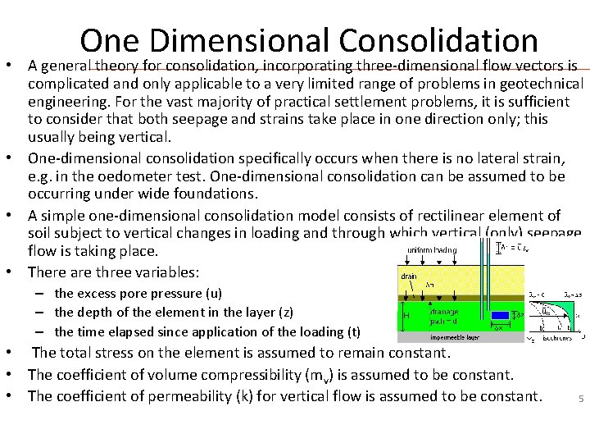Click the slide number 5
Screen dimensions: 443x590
580,400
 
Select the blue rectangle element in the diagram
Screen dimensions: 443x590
499,315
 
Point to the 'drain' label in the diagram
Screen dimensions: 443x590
409,276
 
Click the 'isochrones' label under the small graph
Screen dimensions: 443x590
556,336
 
